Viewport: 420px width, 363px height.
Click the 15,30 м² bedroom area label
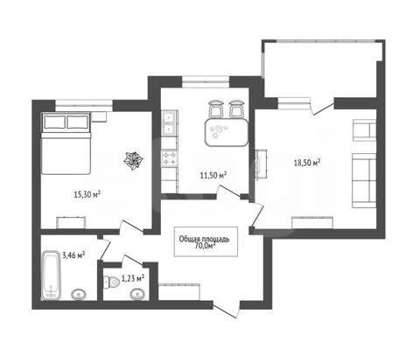87,194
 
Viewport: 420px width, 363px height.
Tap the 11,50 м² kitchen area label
213,175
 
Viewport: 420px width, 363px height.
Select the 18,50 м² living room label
307,163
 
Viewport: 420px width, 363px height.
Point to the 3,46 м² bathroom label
73,255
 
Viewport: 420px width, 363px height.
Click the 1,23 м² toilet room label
133,278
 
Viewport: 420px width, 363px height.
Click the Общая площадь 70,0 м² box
206,241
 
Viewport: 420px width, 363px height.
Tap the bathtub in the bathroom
52,275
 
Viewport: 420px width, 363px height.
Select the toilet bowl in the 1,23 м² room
112,282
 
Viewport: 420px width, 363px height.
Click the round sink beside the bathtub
79,295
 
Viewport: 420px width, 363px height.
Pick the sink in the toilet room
138,295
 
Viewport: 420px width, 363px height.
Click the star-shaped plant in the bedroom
133,161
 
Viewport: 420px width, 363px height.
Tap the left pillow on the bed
54,122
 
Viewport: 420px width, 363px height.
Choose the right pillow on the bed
77,122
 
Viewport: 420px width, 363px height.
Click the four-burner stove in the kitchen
170,157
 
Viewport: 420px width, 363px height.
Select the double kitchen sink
169,123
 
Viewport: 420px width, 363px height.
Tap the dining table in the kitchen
227,132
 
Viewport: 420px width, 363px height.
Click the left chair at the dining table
216,109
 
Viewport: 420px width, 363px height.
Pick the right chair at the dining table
236,109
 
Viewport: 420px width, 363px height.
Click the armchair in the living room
364,130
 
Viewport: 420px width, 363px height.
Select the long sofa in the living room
364,180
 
